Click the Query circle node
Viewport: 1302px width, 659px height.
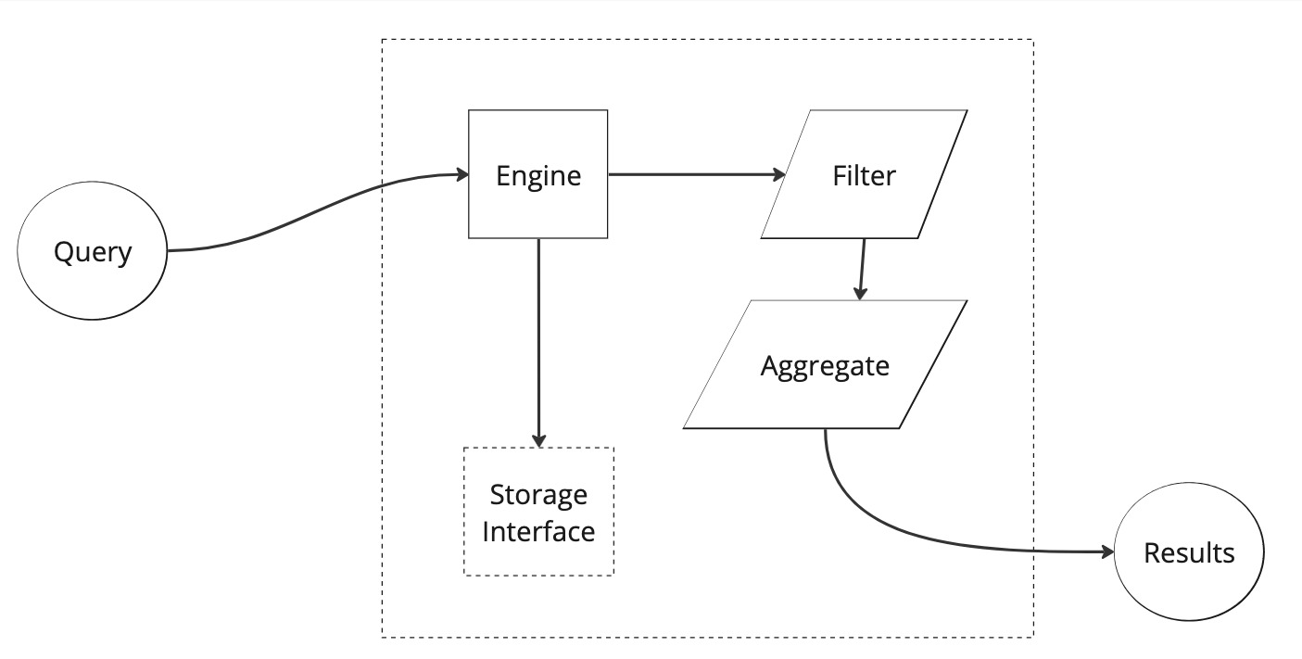(x=93, y=251)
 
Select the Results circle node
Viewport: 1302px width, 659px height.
(x=1189, y=553)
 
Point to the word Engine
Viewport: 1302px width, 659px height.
(x=538, y=176)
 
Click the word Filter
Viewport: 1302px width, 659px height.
(x=864, y=175)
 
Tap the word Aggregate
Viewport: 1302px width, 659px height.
(x=825, y=366)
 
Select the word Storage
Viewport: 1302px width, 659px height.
(x=538, y=494)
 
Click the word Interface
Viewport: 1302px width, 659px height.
(x=538, y=532)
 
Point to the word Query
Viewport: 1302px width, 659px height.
(x=93, y=252)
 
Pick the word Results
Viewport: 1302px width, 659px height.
(x=1189, y=553)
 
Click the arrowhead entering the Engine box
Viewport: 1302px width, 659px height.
(x=461, y=174)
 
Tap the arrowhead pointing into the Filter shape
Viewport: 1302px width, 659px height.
(x=778, y=174)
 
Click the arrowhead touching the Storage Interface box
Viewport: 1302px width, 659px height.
(x=538, y=440)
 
